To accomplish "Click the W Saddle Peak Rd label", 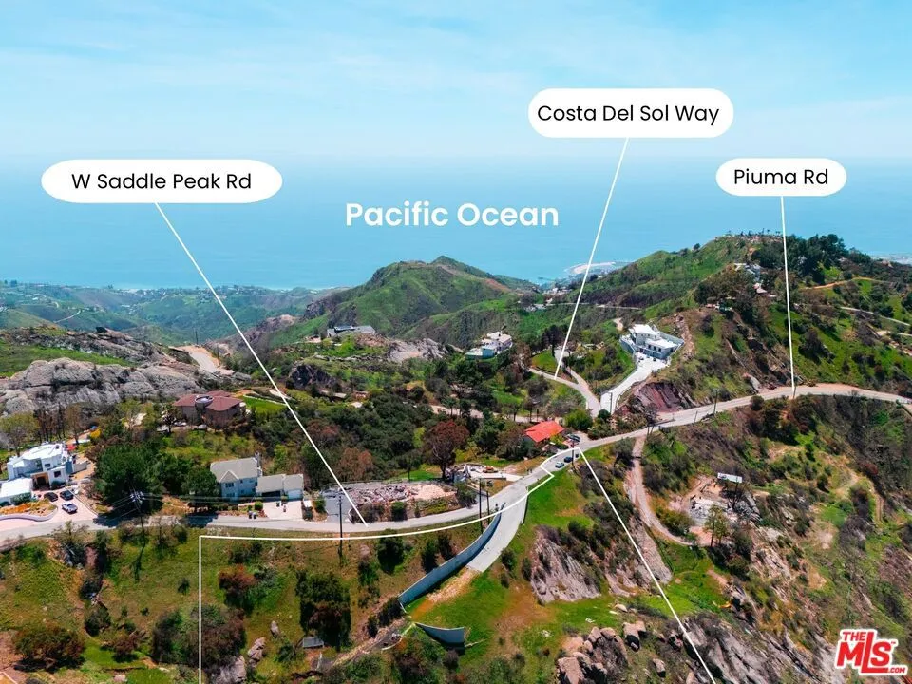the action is (161, 181).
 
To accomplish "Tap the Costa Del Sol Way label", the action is (631, 113).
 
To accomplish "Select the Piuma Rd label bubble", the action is (781, 177).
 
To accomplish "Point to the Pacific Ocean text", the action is (452, 215).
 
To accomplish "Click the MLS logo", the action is (871, 651).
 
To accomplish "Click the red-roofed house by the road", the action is (543, 431).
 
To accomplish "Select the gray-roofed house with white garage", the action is (256, 479).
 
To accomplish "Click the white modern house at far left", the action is (41, 464).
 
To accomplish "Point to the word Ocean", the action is (507, 215).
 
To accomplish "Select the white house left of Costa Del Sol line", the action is (490, 345).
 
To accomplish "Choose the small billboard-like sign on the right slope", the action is (730, 478).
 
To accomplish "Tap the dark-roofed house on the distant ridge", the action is (351, 331).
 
